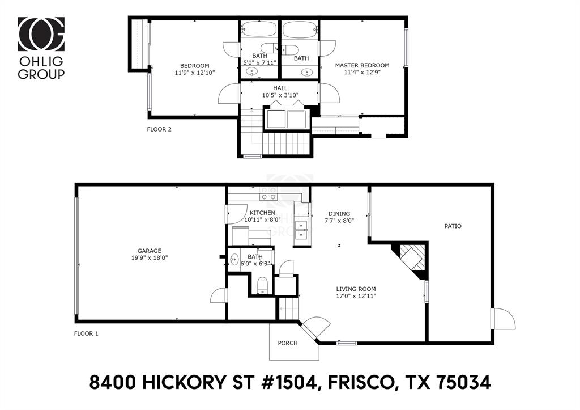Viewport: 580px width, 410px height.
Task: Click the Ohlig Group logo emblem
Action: tap(41, 34)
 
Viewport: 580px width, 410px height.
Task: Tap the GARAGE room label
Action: tap(149, 251)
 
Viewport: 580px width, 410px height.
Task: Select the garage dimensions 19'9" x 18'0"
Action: tap(149, 258)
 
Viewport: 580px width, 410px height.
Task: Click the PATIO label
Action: tap(453, 226)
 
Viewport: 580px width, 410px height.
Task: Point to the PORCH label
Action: tap(287, 343)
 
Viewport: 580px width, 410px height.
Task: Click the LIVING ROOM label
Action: tap(356, 289)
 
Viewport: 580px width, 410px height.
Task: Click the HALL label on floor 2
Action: tap(280, 88)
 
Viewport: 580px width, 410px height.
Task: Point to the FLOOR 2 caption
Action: tap(159, 129)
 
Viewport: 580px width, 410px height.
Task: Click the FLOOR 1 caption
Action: tap(87, 333)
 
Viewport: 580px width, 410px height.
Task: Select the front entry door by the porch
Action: tap(314, 328)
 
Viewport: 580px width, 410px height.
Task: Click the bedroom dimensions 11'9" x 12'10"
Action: tap(195, 73)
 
